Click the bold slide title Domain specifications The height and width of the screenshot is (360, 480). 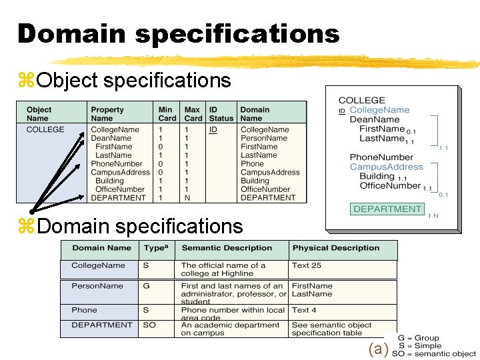pos(179,33)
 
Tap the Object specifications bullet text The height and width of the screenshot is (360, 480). pos(134,81)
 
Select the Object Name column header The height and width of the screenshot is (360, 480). pos(39,114)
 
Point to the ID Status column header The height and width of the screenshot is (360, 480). pos(221,114)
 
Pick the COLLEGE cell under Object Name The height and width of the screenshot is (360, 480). pos(45,129)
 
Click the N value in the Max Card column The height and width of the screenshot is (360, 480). pos(187,198)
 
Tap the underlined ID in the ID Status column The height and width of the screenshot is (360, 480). pos(213,129)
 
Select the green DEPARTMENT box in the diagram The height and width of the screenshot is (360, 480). pos(387,209)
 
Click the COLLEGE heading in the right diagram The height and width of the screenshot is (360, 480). pos(361,100)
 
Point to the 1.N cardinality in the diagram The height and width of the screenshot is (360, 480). pos(433,215)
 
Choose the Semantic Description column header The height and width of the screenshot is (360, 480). pos(227,248)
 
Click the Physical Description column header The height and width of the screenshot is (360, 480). pos(335,248)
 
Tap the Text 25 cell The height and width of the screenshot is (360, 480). pos(306,265)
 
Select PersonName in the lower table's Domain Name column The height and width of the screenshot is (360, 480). pos(97,286)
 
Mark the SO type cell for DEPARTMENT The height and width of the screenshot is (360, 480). pos(149,325)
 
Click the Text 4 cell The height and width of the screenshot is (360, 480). pos(304,310)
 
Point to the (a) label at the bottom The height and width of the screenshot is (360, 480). pos(378,349)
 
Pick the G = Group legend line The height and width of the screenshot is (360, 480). pos(418,339)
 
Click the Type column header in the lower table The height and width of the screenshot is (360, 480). pos(155,248)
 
